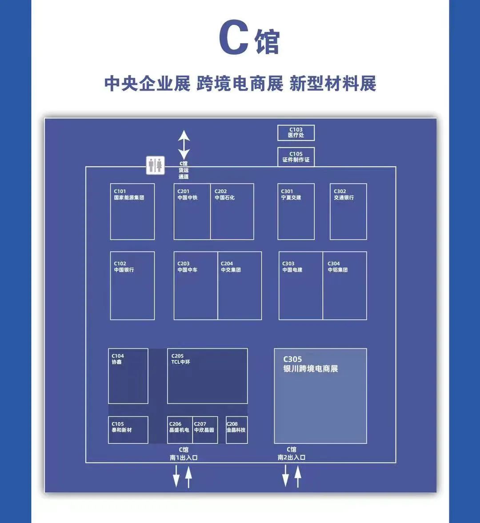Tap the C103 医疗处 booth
click(296, 133)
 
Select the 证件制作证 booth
click(296, 157)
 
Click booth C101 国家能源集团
click(132, 212)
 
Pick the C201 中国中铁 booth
click(192, 212)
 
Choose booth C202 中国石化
click(232, 212)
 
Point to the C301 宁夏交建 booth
click(296, 212)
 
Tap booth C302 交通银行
click(348, 212)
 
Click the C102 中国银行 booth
click(132, 286)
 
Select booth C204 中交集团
click(240, 286)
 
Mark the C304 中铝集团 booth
click(345, 286)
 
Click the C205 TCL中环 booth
click(207, 376)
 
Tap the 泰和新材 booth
click(128, 430)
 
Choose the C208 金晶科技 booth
click(237, 430)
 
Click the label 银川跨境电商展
click(311, 369)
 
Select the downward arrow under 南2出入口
click(286, 476)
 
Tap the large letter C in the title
click(233, 38)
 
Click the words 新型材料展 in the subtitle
click(333, 84)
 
